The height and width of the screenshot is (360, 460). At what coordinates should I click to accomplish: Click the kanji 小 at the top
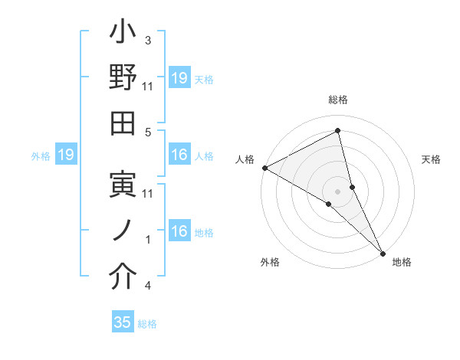click(123, 34)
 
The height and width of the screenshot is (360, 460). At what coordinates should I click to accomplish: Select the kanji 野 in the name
click(123, 80)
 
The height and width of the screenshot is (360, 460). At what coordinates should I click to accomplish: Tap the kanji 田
click(123, 124)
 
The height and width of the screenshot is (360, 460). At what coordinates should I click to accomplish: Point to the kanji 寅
click(123, 186)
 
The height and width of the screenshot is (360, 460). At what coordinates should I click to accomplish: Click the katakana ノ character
click(123, 231)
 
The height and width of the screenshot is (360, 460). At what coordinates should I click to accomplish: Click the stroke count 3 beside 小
click(148, 40)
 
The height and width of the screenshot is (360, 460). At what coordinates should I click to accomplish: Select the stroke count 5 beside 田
click(148, 132)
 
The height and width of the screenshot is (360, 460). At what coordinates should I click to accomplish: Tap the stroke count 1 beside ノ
click(148, 240)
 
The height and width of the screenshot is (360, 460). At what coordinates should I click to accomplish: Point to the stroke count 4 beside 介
click(148, 286)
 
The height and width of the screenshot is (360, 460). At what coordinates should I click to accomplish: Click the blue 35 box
click(123, 322)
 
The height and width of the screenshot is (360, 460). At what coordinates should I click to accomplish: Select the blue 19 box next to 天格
click(179, 78)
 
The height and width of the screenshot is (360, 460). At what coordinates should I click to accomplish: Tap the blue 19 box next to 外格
click(65, 155)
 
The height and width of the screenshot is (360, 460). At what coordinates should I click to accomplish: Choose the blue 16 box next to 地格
click(179, 231)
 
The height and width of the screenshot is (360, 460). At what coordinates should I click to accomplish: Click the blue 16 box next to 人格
click(179, 155)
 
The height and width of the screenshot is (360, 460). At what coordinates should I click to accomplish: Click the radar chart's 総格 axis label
click(338, 100)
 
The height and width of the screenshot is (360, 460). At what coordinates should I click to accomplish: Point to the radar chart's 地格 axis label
click(402, 263)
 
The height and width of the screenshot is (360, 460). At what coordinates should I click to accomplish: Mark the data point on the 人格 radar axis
click(264, 168)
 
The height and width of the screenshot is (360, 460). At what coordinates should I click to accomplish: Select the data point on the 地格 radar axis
click(383, 253)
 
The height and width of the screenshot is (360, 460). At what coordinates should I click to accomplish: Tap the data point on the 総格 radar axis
click(338, 131)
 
